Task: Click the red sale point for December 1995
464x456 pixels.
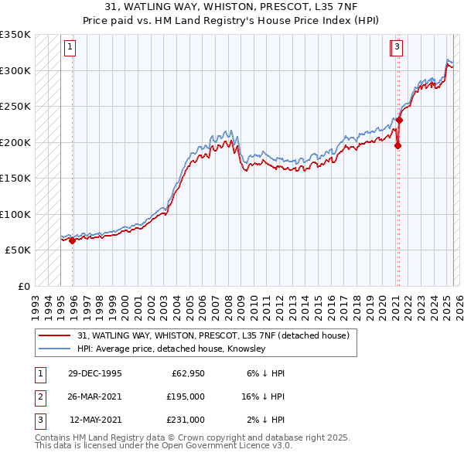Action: click(72, 240)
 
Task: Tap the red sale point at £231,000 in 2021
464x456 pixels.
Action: click(400, 120)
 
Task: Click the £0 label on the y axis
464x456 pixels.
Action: click(24, 286)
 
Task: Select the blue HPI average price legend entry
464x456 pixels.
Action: click(171, 349)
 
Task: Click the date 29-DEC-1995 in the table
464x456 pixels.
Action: click(94, 373)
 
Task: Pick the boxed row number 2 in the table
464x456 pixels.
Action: click(39, 396)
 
